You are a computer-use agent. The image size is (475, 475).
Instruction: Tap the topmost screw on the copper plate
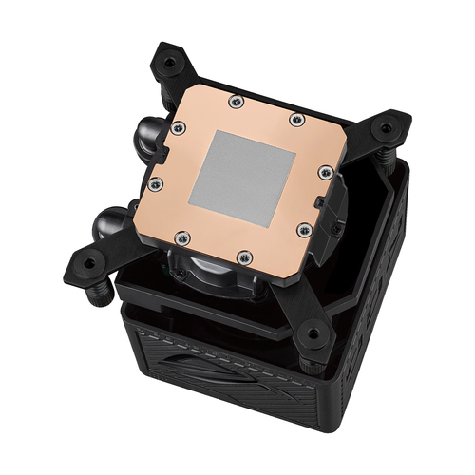tap(237, 102)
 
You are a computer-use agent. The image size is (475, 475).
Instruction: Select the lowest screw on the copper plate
tap(245, 255)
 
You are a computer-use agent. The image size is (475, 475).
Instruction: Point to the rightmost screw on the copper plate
tap(325, 172)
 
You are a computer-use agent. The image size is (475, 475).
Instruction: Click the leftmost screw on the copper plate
tap(154, 183)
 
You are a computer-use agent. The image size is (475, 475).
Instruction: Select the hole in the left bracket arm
tap(88, 262)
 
